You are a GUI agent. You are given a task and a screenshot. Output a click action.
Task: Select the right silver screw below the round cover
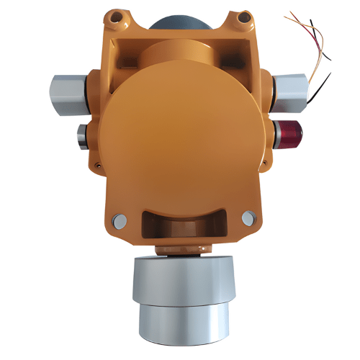tap(248, 217)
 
